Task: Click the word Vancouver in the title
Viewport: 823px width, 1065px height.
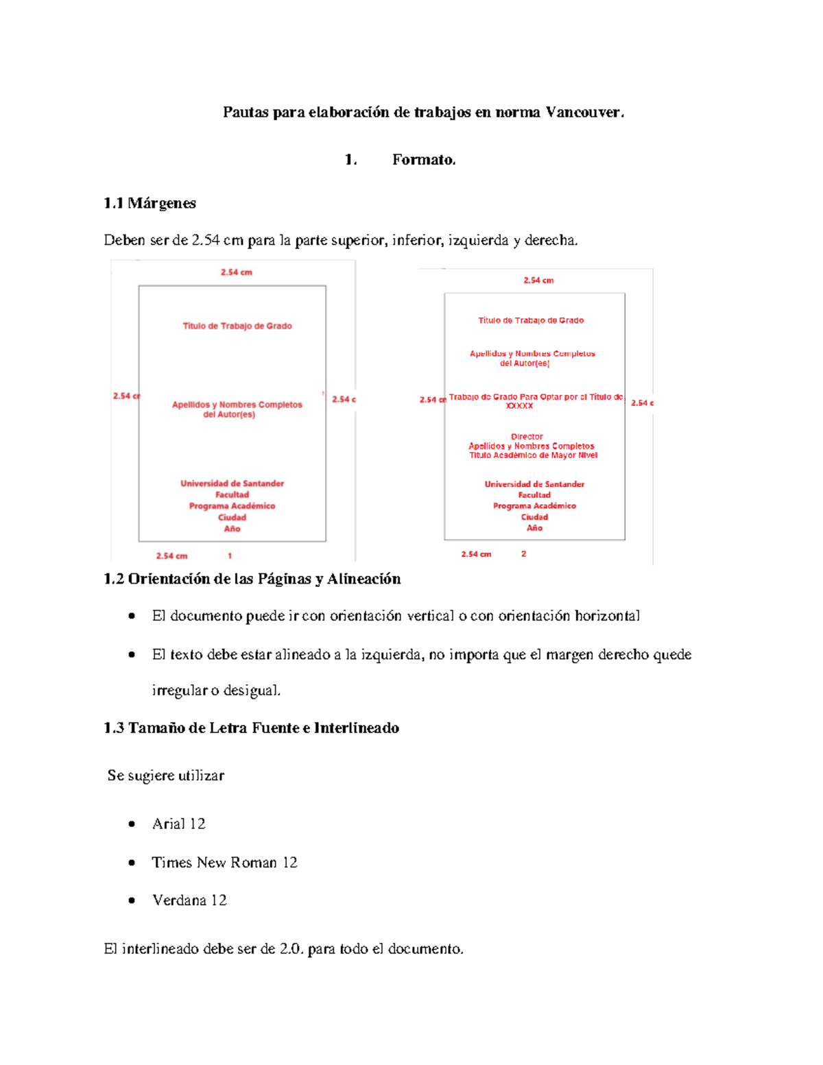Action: pyautogui.click(x=584, y=112)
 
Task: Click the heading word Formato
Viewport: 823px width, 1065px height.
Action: pyautogui.click(x=423, y=160)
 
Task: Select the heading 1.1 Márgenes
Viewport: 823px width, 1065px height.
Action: pyautogui.click(x=150, y=203)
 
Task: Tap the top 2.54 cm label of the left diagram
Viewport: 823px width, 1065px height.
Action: pyautogui.click(x=237, y=272)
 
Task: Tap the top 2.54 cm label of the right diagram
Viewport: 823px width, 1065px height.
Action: pyautogui.click(x=538, y=280)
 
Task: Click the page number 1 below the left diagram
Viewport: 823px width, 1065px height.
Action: pyautogui.click(x=230, y=556)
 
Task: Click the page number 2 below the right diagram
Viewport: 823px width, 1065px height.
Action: pyautogui.click(x=523, y=554)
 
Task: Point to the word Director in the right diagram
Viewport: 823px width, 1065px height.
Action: pyautogui.click(x=527, y=437)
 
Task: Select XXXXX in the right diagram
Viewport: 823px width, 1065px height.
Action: pyautogui.click(x=519, y=406)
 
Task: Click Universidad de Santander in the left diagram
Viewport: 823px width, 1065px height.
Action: pyautogui.click(x=232, y=483)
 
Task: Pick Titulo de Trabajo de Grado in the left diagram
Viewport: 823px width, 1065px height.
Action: pyautogui.click(x=237, y=326)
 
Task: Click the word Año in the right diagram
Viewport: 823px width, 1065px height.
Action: pyautogui.click(x=534, y=528)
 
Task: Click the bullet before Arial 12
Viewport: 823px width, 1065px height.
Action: pyautogui.click(x=132, y=824)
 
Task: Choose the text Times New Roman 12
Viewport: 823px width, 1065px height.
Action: pyautogui.click(x=224, y=863)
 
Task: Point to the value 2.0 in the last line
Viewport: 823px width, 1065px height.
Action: pyautogui.click(x=291, y=949)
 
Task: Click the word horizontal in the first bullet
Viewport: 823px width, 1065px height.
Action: pyautogui.click(x=607, y=616)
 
